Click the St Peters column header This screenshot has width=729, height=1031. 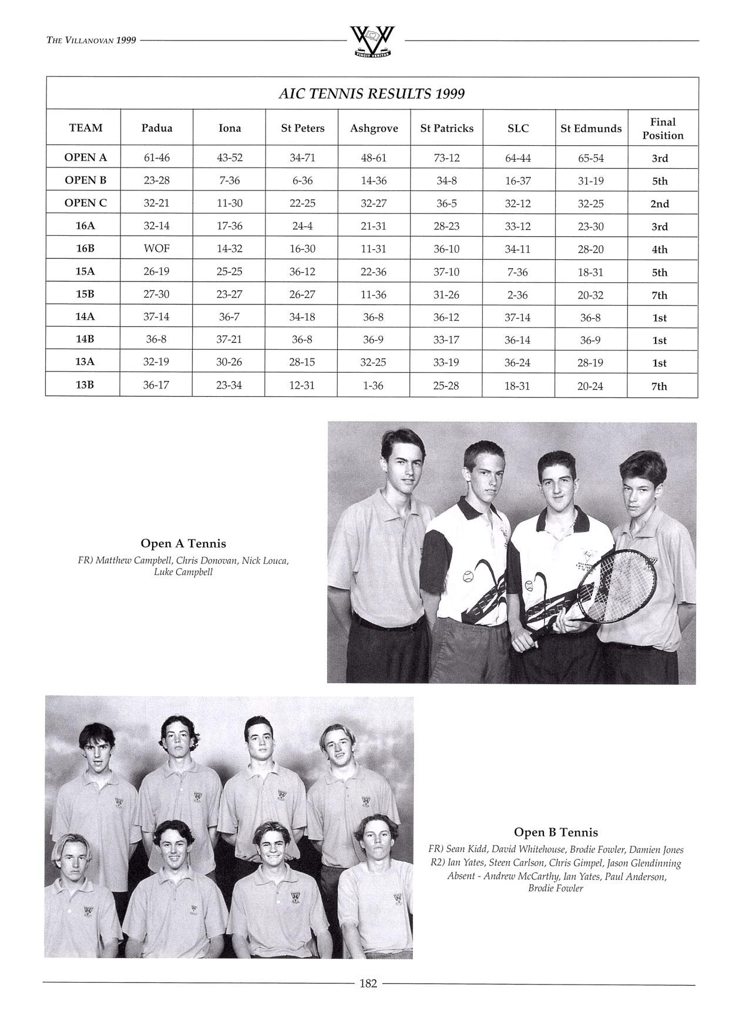coord(303,128)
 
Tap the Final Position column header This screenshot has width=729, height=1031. coord(663,129)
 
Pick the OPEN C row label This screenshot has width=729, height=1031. coord(86,203)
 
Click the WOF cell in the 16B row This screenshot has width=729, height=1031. coord(157,249)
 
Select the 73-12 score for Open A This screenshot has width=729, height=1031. coord(446,158)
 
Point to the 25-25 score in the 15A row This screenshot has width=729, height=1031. coord(229,272)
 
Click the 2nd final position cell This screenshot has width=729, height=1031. coord(660,204)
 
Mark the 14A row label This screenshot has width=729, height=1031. coord(85,317)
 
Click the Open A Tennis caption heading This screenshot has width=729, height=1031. coord(183,544)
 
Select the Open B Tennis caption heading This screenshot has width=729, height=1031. coord(556,832)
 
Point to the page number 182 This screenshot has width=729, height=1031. coord(368,983)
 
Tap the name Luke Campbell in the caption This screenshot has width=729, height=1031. coord(183,572)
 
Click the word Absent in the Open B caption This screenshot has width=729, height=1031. coord(461,876)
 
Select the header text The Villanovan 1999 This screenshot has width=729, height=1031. coord(91,40)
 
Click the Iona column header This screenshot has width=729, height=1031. coord(229,128)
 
